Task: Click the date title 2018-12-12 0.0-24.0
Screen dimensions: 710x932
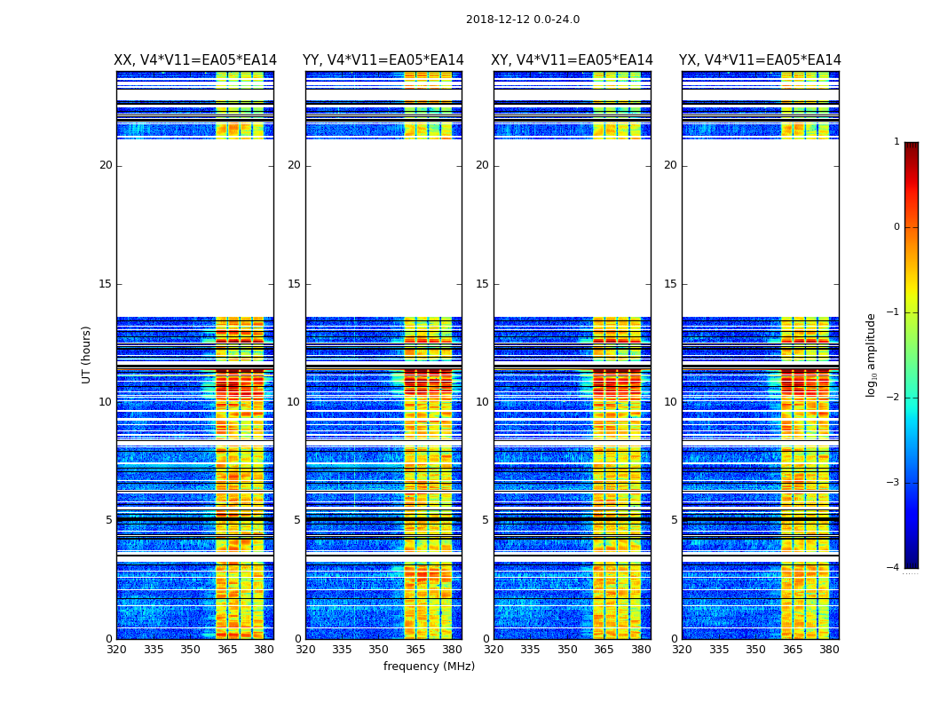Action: (x=523, y=20)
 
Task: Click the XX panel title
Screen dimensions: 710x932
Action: (x=195, y=60)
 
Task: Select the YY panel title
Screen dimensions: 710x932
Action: (x=383, y=60)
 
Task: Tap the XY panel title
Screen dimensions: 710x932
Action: (x=572, y=60)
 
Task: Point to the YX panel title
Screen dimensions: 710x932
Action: (x=760, y=60)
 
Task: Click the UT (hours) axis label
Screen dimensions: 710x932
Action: (x=87, y=354)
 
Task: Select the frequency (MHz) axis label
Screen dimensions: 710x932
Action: (x=429, y=667)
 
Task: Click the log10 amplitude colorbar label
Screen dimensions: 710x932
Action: (x=872, y=354)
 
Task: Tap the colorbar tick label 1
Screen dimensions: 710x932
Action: (x=896, y=142)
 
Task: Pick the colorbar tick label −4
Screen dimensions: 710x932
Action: (x=894, y=568)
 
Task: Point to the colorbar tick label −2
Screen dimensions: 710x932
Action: (x=894, y=398)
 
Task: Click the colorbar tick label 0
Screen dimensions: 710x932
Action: (x=896, y=227)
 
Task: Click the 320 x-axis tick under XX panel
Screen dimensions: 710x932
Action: (x=116, y=650)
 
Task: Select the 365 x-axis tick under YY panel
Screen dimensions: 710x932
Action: (x=415, y=650)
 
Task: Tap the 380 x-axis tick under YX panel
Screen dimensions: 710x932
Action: (x=829, y=650)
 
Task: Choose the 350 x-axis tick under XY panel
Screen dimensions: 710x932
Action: (x=567, y=650)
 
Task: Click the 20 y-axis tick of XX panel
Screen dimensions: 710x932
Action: (x=106, y=165)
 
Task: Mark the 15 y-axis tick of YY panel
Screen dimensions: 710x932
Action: (x=294, y=284)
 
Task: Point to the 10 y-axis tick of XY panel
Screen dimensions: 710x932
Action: (x=482, y=402)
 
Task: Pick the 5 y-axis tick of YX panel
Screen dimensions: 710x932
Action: (x=674, y=520)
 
